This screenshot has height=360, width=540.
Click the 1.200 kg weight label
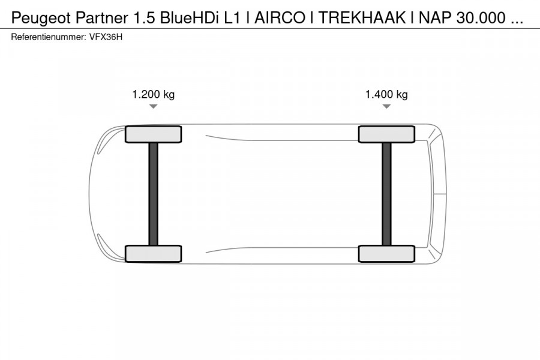coord(153,94)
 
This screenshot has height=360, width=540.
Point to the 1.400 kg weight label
coord(386,94)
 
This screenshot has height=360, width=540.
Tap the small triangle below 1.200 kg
coord(153,107)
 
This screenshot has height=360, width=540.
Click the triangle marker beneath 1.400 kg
coord(386,107)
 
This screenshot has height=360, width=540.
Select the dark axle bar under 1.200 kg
coord(153,194)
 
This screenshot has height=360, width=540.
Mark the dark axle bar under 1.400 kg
coord(386,194)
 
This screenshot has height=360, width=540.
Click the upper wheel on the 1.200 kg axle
coord(153,134)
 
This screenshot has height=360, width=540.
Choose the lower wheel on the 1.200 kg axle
coord(153,253)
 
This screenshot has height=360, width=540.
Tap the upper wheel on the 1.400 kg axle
coord(386,134)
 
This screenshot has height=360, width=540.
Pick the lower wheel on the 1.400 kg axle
coord(386,253)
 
